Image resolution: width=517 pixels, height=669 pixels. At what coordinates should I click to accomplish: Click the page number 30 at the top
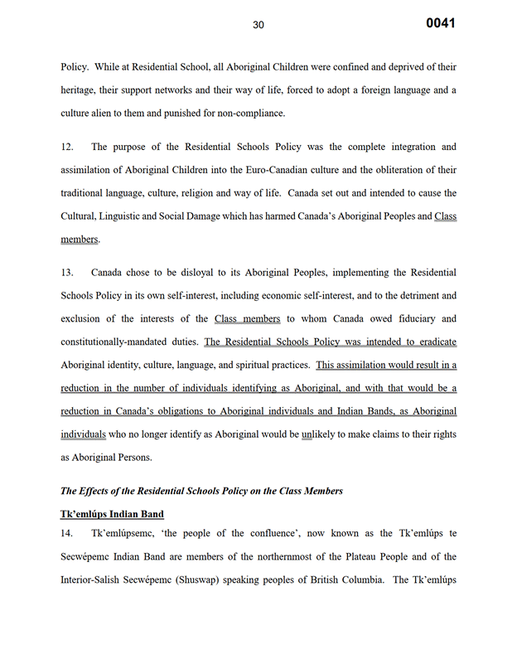258,25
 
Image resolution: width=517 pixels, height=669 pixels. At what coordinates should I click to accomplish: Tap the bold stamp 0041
441,23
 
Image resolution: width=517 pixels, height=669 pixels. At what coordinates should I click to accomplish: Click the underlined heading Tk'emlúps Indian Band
112,514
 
